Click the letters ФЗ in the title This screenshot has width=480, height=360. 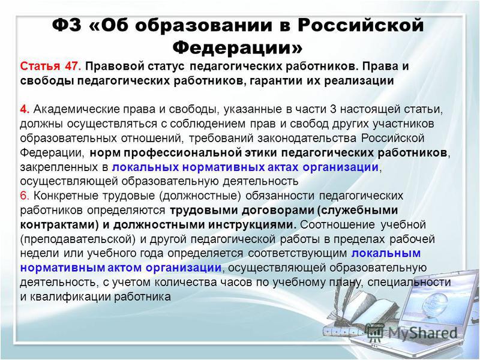pos(67,25)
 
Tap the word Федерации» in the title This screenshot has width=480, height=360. pos(238,47)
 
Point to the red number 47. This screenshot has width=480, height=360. pos(73,67)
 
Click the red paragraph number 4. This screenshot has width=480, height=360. pos(25,109)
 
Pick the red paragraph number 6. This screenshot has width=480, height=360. pos(25,196)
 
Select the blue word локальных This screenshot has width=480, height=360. pos(145,167)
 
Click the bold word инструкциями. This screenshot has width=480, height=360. pos(253,225)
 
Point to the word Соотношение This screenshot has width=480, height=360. pos(337,224)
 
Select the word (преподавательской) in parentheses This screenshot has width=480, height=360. pos(78,239)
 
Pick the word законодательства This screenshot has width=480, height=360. pos(307,139)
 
